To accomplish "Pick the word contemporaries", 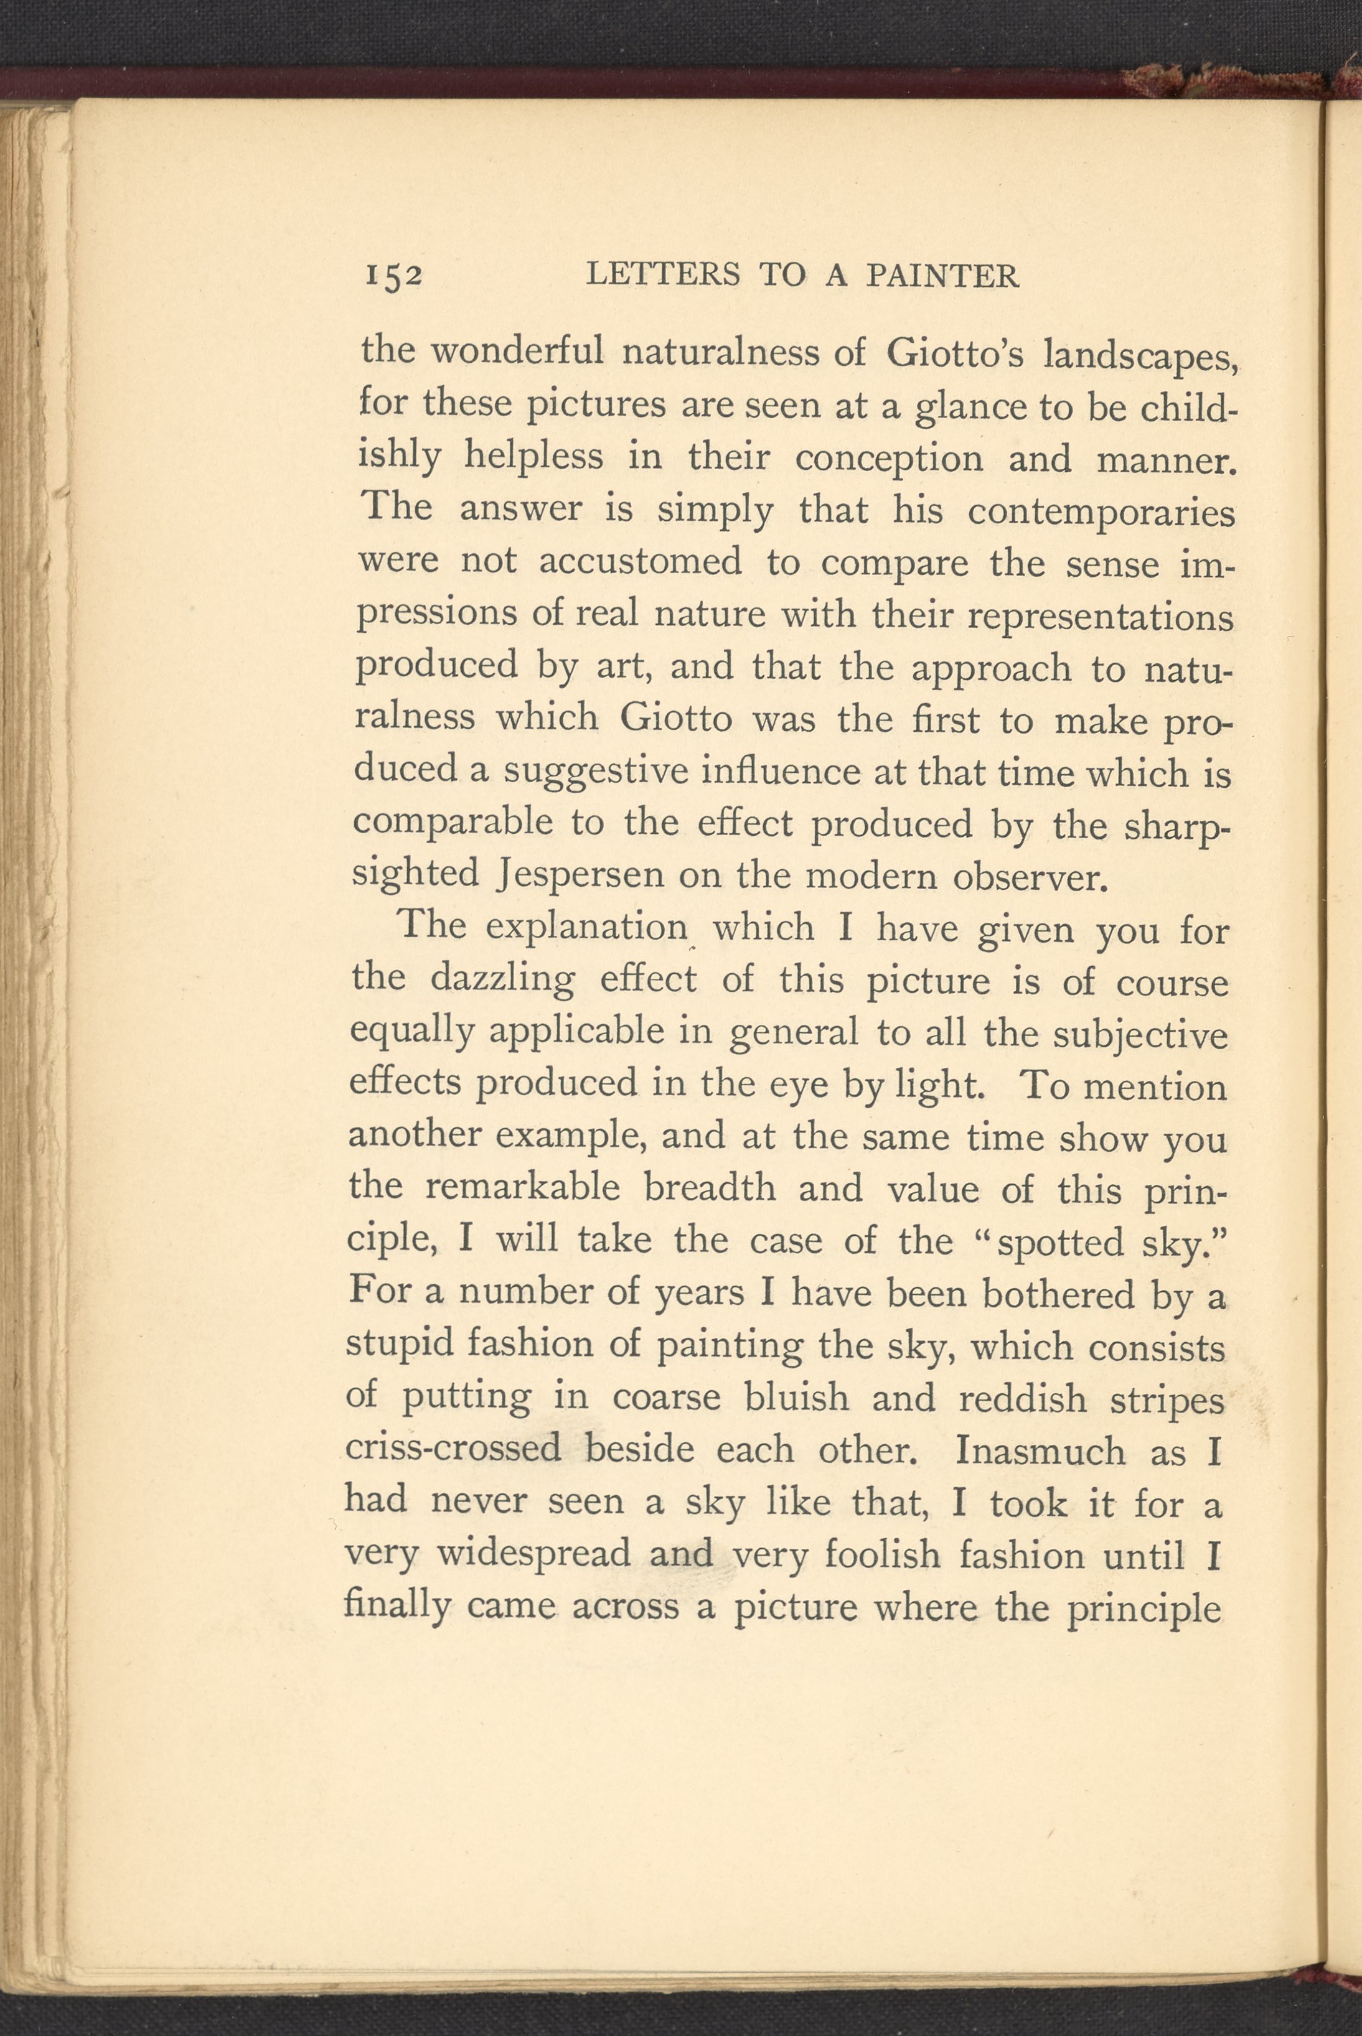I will tap(1101, 511).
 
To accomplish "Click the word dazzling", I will tap(502, 980).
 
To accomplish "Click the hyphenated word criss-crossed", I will tap(453, 1449).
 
